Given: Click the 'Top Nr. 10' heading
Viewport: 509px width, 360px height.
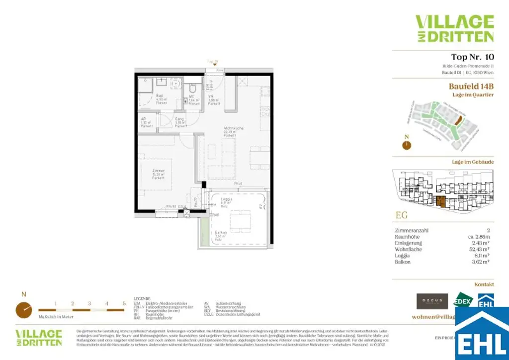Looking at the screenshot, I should (472, 57).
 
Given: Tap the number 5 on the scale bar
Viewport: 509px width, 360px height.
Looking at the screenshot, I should (124, 303).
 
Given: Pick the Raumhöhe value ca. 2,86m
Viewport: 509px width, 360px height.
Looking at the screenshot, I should (480, 237).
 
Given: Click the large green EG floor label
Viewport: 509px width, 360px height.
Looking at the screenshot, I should (402, 216).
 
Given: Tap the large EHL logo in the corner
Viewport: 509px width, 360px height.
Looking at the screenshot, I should (482, 333).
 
